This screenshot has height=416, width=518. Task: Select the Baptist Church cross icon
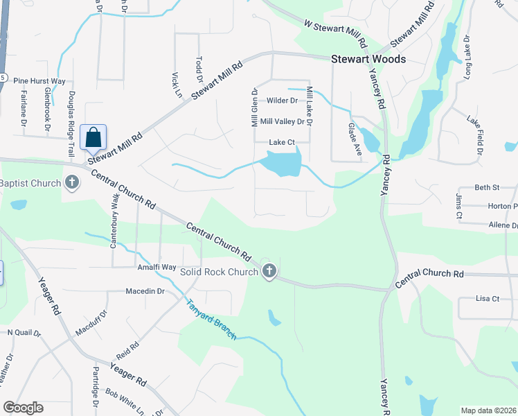tap(71, 183)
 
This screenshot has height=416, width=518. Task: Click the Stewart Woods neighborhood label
tap(368, 60)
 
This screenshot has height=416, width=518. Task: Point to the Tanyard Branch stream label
tap(211, 319)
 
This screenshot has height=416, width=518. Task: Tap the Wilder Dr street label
tap(282, 101)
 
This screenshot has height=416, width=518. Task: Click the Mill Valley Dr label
tap(281, 121)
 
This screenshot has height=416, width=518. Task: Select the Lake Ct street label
tap(282, 142)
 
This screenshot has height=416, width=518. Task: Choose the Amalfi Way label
tap(157, 267)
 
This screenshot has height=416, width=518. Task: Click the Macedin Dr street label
tap(145, 291)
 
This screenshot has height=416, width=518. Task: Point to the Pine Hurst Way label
tap(39, 81)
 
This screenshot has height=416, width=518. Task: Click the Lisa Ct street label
tap(488, 298)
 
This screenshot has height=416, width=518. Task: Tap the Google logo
tap(24, 407)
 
